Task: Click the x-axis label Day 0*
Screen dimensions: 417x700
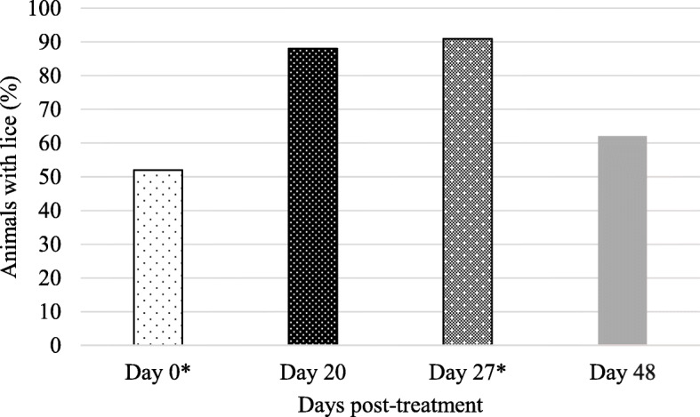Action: pos(158,371)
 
